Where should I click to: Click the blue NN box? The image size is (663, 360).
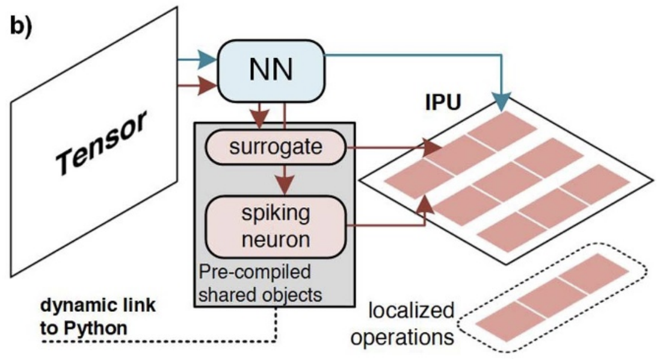pyautogui.click(x=271, y=70)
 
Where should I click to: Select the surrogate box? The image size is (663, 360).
pyautogui.click(x=277, y=146)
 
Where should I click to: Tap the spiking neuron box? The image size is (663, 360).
pyautogui.click(x=277, y=228)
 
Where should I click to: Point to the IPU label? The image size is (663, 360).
pyautogui.click(x=443, y=103)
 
